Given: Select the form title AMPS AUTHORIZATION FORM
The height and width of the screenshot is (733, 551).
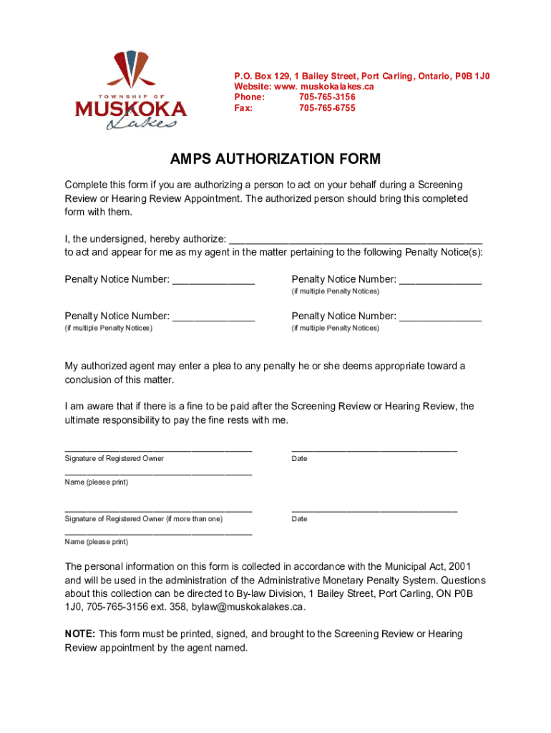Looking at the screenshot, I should click(x=275, y=159).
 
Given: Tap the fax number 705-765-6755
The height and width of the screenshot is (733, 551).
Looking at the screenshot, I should click(x=327, y=108).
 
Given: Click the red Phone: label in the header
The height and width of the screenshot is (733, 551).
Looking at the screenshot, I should click(x=250, y=97).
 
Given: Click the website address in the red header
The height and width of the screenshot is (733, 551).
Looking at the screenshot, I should click(x=304, y=86).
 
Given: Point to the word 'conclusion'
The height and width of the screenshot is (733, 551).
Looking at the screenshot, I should click(x=90, y=379).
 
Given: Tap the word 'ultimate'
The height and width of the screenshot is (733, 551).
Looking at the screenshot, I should click(x=84, y=419).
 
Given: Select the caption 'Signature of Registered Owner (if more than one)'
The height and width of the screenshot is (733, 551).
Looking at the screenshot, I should click(x=144, y=519).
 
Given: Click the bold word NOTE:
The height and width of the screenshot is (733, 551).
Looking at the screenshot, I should click(x=80, y=634).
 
